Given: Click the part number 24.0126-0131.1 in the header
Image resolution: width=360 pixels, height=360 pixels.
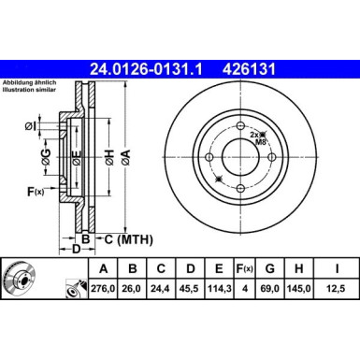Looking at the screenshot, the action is pyautogui.click(x=146, y=69).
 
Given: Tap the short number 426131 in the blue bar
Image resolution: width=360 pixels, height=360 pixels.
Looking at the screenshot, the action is pyautogui.click(x=249, y=69).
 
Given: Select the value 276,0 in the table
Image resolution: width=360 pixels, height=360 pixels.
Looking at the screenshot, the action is pyautogui.click(x=103, y=289).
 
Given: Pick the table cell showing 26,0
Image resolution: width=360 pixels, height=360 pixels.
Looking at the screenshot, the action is pyautogui.click(x=133, y=289).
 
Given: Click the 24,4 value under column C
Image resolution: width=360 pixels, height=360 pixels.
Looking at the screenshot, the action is pyautogui.click(x=160, y=289).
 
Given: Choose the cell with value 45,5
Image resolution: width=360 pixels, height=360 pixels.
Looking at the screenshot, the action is pyautogui.click(x=189, y=289).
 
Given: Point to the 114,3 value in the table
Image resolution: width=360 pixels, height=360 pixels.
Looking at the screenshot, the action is pyautogui.click(x=219, y=289).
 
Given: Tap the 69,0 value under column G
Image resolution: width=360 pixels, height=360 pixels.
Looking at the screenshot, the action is pyautogui.click(x=270, y=289).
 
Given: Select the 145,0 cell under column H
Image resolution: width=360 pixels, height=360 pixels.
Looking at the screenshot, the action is pyautogui.click(x=299, y=289).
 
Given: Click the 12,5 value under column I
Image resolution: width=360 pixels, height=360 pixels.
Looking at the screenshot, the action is pyautogui.click(x=336, y=289).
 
